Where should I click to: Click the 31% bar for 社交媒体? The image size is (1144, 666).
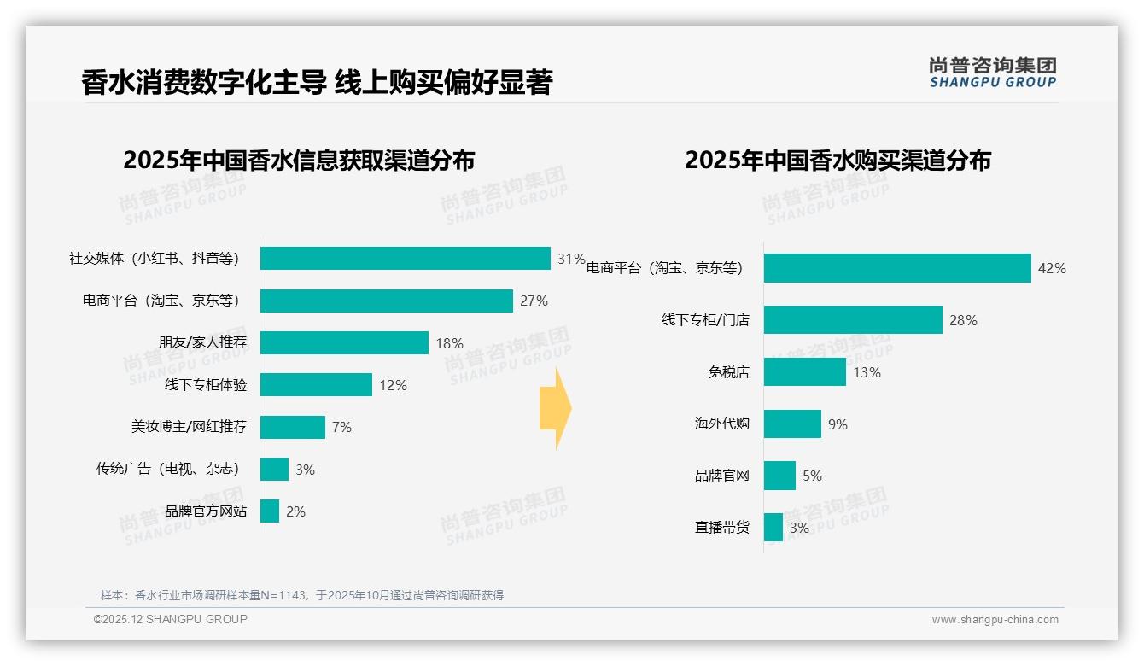point(405,258)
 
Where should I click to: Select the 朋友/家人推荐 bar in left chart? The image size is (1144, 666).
point(344,342)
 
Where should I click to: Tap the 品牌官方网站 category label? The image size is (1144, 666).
point(206,511)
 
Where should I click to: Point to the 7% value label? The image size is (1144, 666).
point(341,427)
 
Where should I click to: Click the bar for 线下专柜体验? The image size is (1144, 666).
point(316,385)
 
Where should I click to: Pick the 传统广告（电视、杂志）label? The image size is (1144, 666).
point(168,469)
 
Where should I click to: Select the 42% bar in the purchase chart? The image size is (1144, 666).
point(896,268)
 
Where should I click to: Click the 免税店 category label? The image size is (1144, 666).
point(728,372)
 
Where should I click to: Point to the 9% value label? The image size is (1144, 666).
point(838,424)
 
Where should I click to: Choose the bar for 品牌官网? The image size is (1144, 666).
point(779,476)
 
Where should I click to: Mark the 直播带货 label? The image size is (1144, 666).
point(721,528)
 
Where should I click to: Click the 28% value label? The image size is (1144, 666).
point(963,321)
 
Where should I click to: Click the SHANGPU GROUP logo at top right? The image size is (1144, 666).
point(992,73)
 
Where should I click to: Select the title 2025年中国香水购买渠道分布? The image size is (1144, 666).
point(837,160)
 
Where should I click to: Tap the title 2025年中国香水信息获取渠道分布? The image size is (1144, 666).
point(299,160)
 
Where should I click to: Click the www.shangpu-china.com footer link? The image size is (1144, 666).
point(995,620)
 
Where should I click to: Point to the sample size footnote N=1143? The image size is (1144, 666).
point(302,595)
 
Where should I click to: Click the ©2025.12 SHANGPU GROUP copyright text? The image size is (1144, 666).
point(171,619)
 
